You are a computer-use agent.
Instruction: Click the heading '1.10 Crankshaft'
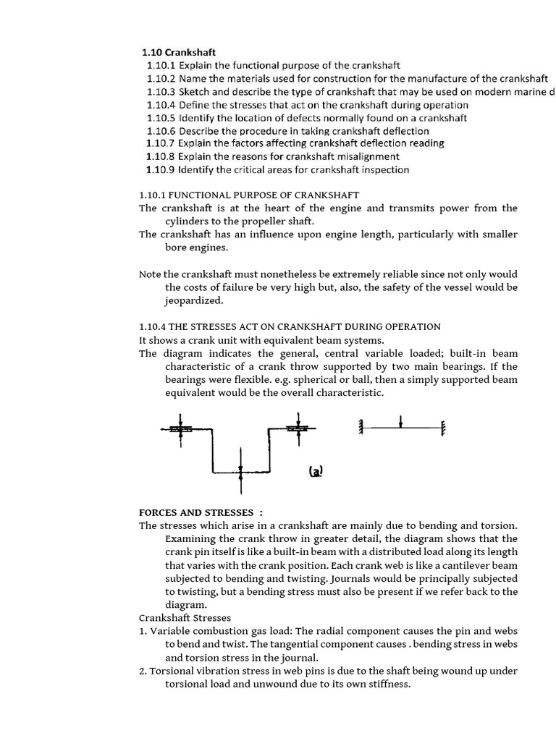[x=179, y=52]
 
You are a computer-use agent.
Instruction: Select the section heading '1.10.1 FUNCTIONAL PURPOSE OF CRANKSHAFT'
[x=248, y=195]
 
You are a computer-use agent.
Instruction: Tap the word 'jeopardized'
[x=194, y=301]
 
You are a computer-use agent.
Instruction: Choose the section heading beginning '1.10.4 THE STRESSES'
[x=289, y=327]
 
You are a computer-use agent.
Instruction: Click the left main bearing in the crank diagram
[x=180, y=429]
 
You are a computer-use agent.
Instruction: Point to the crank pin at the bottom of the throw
[x=240, y=472]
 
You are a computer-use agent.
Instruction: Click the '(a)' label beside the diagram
[x=316, y=471]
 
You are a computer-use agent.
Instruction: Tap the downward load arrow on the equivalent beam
[x=401, y=421]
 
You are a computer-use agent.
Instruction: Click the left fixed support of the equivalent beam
[x=358, y=428]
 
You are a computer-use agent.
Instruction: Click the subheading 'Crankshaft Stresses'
[x=185, y=618]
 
